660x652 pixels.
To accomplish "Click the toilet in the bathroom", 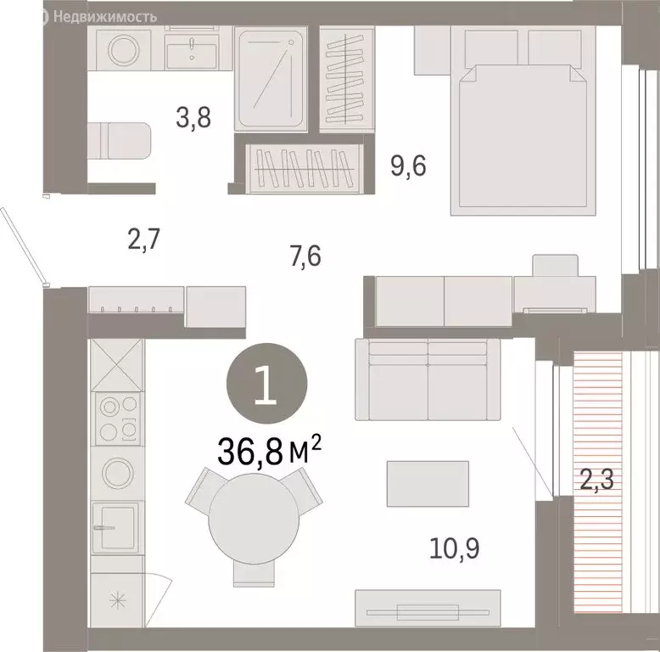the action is (119, 141).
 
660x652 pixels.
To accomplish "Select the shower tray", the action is (271, 79).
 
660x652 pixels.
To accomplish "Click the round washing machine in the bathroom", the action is (123, 50).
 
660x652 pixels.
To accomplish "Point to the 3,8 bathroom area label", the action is (193, 117).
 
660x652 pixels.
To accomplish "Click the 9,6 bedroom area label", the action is (408, 166).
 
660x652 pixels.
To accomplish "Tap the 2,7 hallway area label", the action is (144, 239).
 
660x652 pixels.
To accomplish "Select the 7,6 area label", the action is (305, 256).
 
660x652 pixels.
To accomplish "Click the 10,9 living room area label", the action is (454, 548).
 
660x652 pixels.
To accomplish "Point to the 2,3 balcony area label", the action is (597, 480).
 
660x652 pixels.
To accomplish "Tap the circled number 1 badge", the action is (267, 383).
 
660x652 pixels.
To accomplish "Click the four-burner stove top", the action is (117, 419).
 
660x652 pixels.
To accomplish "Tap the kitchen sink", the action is (115, 527).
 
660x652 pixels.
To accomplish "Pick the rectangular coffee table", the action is (428, 484).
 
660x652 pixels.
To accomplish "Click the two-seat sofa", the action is (428, 379).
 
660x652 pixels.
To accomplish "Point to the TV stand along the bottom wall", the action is (428, 608).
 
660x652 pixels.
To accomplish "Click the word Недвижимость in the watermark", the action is (105, 17).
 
